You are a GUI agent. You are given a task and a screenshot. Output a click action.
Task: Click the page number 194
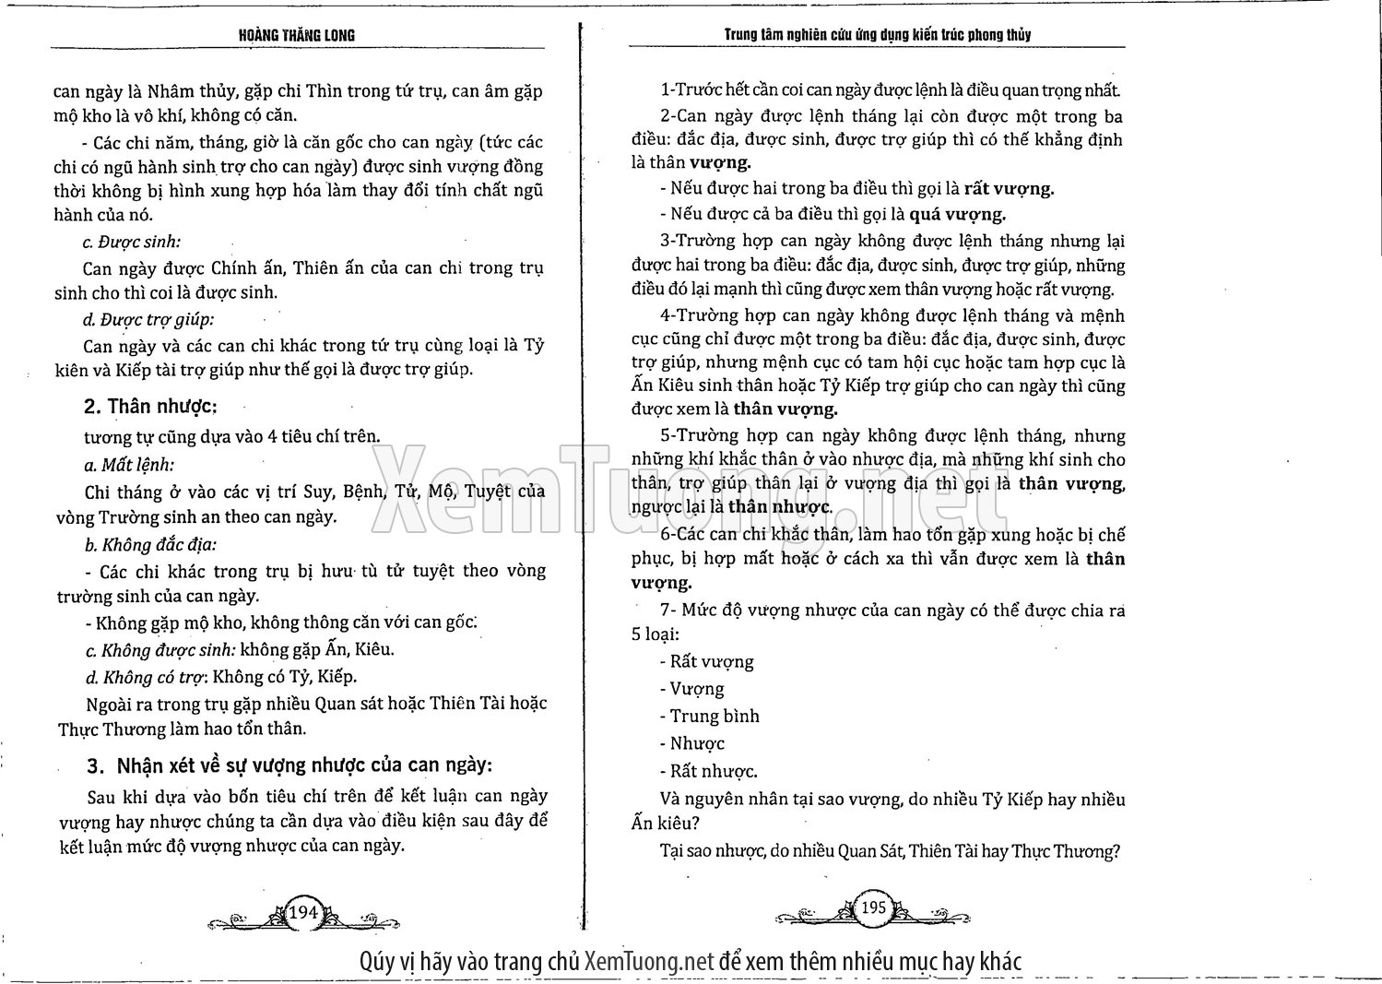[303, 912]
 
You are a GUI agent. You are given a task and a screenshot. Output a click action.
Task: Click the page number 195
[873, 907]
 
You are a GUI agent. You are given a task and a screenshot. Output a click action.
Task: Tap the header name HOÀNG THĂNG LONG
[297, 36]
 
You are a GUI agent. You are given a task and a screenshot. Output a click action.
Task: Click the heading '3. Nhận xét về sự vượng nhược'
[290, 766]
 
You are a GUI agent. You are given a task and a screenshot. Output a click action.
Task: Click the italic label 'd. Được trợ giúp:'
[148, 320]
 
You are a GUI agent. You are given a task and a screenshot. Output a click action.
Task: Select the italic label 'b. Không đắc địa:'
[150, 544]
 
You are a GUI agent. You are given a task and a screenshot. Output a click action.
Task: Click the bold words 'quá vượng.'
[957, 214]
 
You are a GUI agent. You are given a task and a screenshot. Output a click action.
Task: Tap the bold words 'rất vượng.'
[1009, 188]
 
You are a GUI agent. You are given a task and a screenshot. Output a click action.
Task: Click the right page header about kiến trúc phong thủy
[877, 35]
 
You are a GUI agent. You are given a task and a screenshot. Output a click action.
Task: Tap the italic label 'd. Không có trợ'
[143, 677]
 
